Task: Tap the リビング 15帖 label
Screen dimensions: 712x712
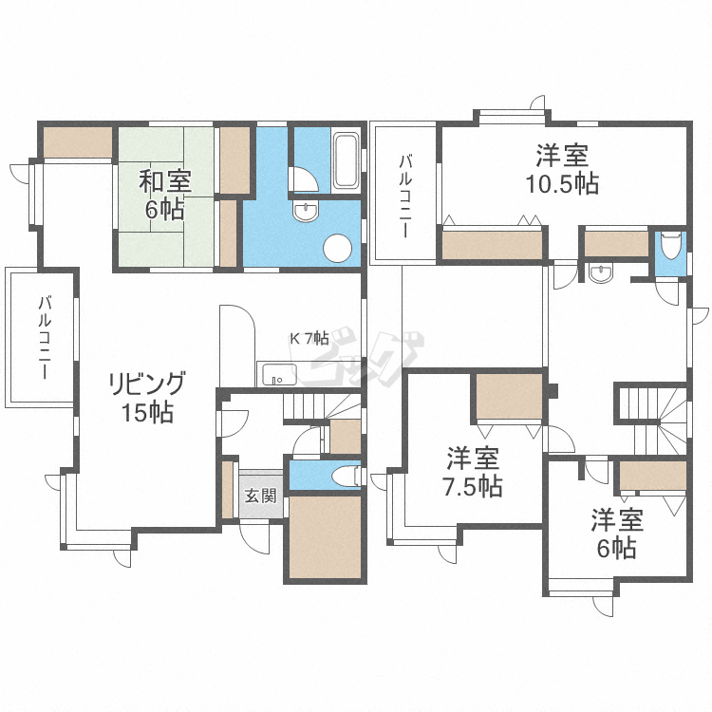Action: [146, 397]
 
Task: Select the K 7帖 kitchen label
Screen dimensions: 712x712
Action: [309, 338]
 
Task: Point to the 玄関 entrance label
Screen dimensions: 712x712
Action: [260, 495]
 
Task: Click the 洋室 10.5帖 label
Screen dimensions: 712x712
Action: [563, 168]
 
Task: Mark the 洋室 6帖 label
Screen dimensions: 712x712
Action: [617, 534]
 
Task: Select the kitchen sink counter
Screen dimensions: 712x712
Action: [276, 373]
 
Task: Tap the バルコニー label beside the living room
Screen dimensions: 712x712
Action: [44, 338]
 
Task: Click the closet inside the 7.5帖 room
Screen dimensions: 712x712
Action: [508, 396]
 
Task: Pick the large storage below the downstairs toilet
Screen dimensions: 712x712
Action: [325, 537]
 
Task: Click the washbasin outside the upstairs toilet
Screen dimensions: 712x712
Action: [600, 274]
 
